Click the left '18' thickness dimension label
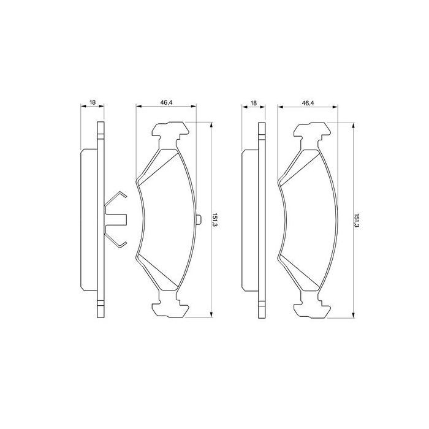[x=92, y=102]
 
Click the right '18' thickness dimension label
[x=254, y=102]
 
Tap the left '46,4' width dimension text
[x=166, y=102]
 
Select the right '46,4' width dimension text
[x=308, y=102]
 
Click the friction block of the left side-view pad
[x=88, y=219]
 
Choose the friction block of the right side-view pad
[x=250, y=219]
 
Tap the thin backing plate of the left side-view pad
[x=99, y=219]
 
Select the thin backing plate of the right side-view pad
[x=262, y=219]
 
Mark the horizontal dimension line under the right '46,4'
[x=308, y=107]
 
